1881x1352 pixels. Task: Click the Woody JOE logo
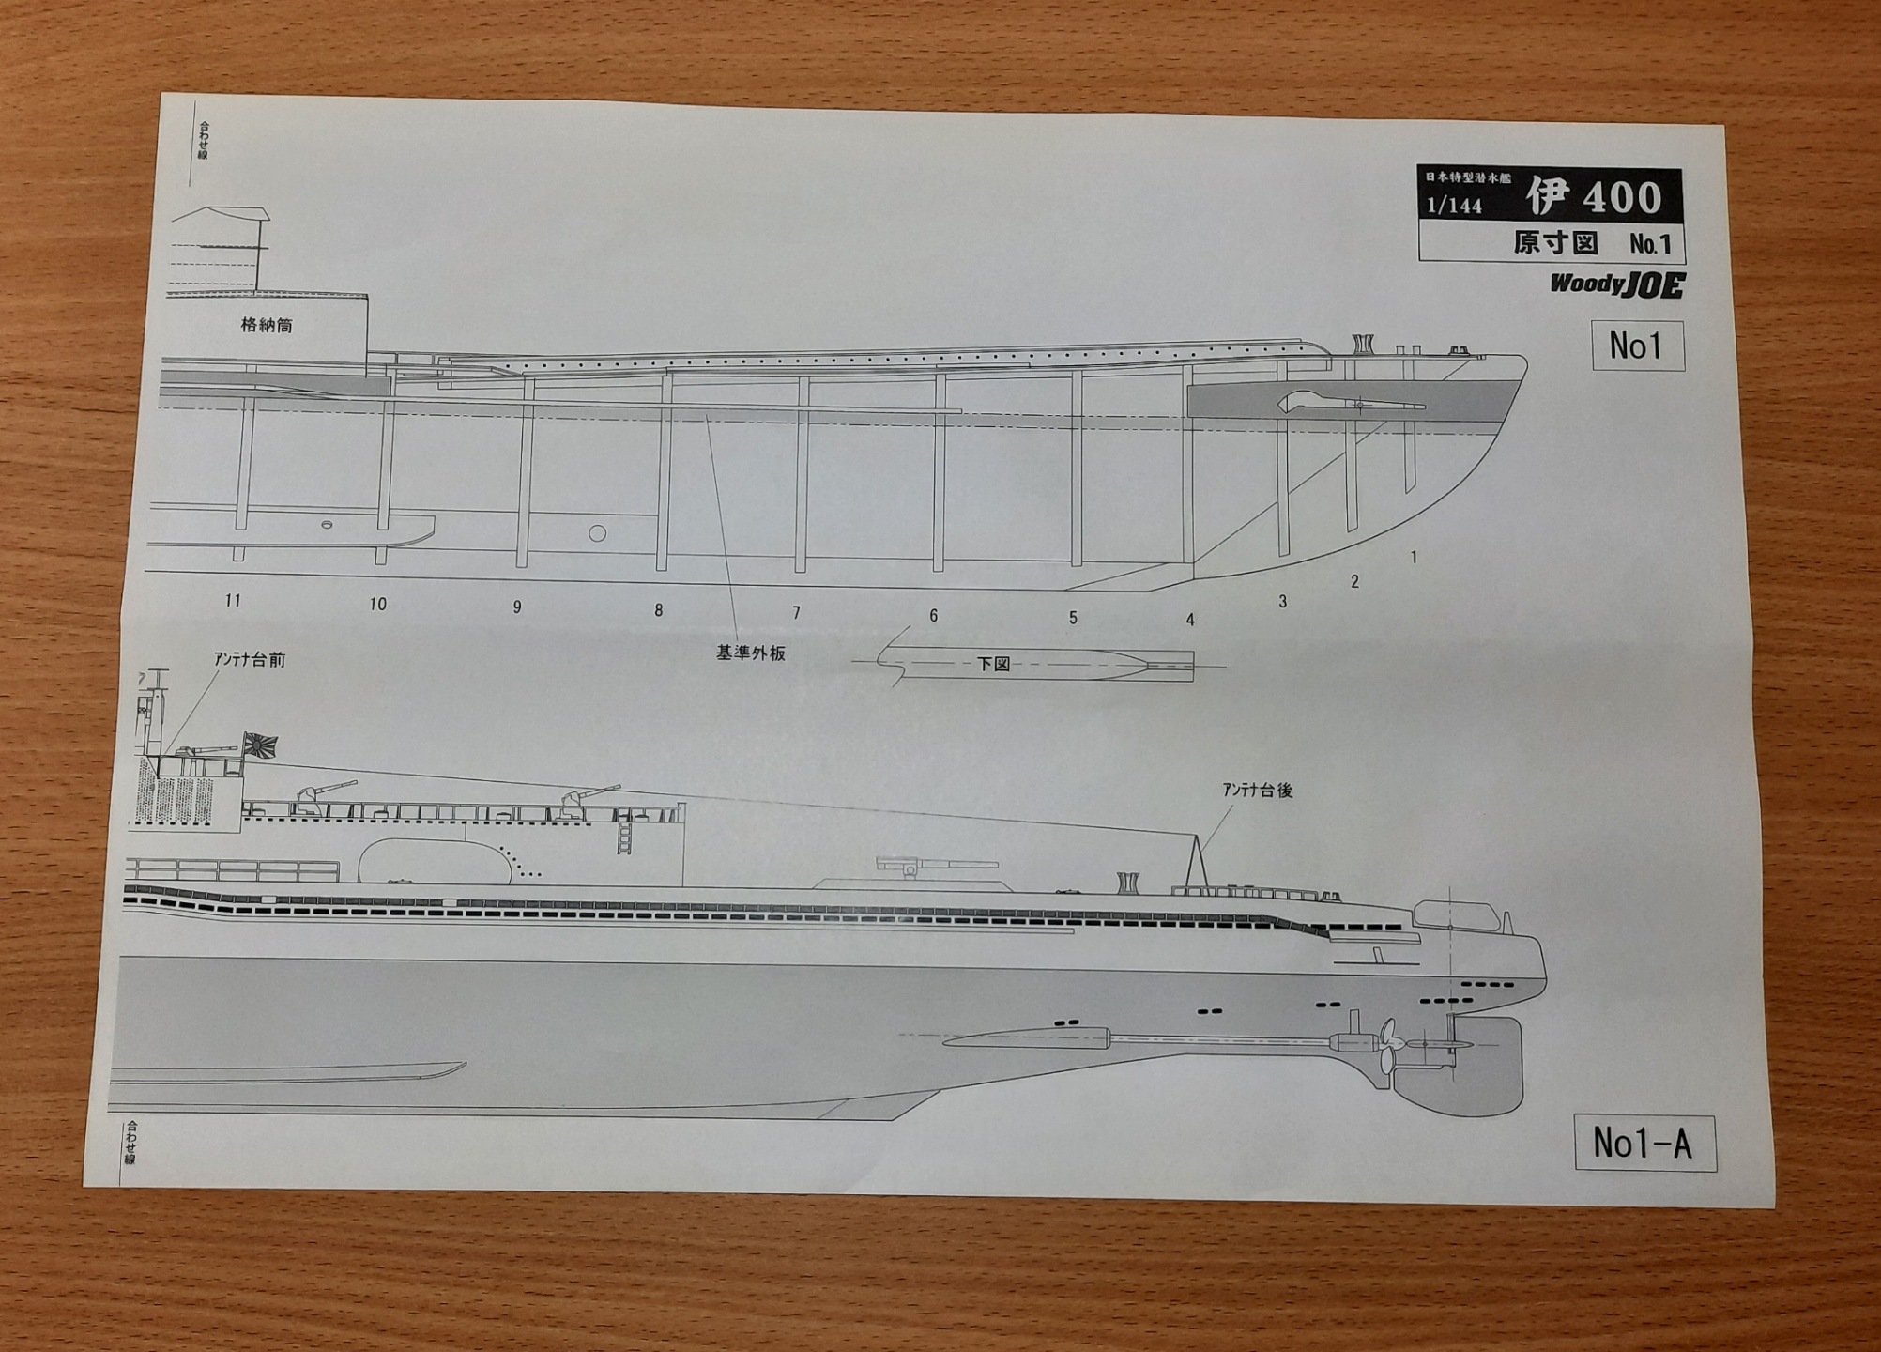tap(1616, 284)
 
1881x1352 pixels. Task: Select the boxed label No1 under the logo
tap(1636, 346)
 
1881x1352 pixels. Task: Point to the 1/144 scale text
tap(1454, 206)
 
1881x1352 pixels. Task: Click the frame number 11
tap(233, 601)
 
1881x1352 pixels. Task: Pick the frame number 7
tap(796, 613)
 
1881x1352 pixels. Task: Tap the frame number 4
tap(1190, 620)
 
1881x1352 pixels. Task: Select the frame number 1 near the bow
tap(1414, 558)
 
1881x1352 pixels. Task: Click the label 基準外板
tap(750, 653)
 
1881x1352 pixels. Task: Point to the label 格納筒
tap(267, 326)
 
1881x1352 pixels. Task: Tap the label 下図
tap(993, 664)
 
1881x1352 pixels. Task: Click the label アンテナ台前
tap(249, 660)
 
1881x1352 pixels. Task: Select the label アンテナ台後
tap(1257, 791)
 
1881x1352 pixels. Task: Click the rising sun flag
tap(260, 745)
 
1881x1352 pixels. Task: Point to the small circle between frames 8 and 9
tap(597, 534)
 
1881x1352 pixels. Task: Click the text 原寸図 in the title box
tap(1554, 244)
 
